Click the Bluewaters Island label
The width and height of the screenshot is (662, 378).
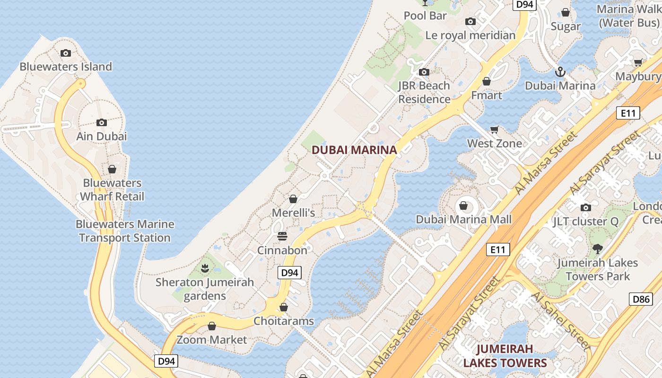click(66, 67)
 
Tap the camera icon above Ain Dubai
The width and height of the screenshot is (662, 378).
click(102, 123)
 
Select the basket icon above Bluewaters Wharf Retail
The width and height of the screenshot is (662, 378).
click(112, 169)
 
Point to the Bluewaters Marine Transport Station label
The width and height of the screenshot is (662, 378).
click(125, 231)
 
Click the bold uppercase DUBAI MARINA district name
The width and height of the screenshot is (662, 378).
click(354, 150)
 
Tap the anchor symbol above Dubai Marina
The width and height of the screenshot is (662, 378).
click(560, 72)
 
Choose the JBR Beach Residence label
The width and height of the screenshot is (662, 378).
click(424, 92)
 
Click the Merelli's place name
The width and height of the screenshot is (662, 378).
click(293, 213)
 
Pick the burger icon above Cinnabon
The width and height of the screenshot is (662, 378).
click(282, 236)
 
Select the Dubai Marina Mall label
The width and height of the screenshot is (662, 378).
click(463, 219)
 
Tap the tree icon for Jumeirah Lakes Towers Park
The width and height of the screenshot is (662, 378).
click(598, 249)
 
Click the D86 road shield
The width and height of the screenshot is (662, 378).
click(642, 299)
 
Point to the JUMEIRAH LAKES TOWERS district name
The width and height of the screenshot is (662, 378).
click(505, 356)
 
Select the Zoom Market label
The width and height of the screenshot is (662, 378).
click(212, 340)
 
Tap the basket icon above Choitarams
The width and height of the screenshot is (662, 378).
click(284, 307)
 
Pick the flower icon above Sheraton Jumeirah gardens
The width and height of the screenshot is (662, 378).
click(205, 269)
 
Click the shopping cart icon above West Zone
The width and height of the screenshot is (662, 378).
click(495, 129)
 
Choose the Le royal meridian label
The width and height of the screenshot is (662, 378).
click(470, 35)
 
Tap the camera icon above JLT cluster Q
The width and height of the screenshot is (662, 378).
click(586, 207)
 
